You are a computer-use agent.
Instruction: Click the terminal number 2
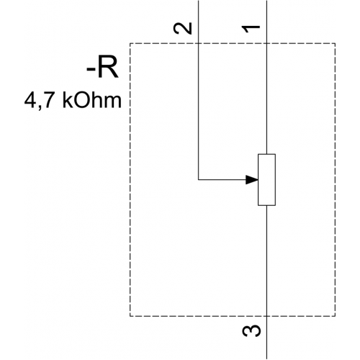[183, 28]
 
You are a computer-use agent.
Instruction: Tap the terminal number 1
[251, 29]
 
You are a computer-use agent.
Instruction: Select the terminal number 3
[251, 331]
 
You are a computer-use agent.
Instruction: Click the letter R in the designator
[108, 68]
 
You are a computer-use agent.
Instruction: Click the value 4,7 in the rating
[38, 101]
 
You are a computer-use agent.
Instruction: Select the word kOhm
[92, 100]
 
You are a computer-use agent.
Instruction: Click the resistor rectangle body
[266, 180]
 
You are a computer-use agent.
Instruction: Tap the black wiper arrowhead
[252, 179]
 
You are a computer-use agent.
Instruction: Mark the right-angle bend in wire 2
[199, 179]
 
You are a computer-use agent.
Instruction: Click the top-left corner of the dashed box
[130, 43]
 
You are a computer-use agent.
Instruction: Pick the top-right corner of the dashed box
[335, 43]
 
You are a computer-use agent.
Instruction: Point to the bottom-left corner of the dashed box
[130, 316]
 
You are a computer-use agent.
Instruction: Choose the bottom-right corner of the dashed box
[335, 316]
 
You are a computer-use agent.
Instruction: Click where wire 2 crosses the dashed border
[199, 43]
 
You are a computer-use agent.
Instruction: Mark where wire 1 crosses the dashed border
[266, 43]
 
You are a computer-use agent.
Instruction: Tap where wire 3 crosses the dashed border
[266, 316]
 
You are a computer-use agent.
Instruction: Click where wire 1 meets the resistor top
[266, 154]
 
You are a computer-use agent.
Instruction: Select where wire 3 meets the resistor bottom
[266, 205]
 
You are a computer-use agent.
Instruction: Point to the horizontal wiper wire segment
[222, 179]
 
